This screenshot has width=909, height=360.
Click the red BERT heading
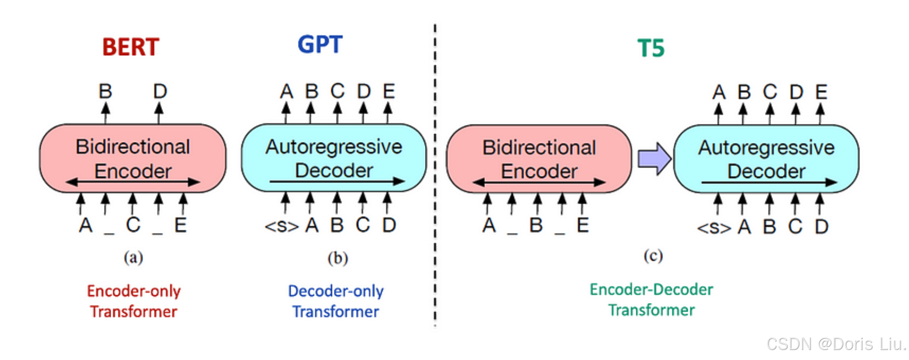(x=131, y=47)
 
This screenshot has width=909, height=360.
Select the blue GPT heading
(x=320, y=45)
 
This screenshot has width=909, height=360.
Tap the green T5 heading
(x=651, y=48)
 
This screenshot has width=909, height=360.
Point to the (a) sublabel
(x=134, y=257)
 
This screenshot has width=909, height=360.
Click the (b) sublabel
(x=337, y=258)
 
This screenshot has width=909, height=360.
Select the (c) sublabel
(x=653, y=256)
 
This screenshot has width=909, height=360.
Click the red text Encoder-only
(x=134, y=291)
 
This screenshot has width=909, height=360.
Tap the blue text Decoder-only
(x=335, y=291)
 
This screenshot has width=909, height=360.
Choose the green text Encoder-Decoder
(x=651, y=290)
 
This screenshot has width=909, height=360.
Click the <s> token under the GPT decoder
(x=282, y=226)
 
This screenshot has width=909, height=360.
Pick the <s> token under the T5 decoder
(x=714, y=228)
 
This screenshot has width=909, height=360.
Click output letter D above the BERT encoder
(x=160, y=91)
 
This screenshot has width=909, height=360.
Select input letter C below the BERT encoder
(x=133, y=225)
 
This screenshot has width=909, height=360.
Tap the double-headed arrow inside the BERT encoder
(x=133, y=182)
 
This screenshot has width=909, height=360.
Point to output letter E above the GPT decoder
(x=389, y=91)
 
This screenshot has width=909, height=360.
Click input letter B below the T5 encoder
(x=536, y=225)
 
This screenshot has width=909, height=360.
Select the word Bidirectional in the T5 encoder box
(x=539, y=148)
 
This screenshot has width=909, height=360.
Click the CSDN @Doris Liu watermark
(x=836, y=344)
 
